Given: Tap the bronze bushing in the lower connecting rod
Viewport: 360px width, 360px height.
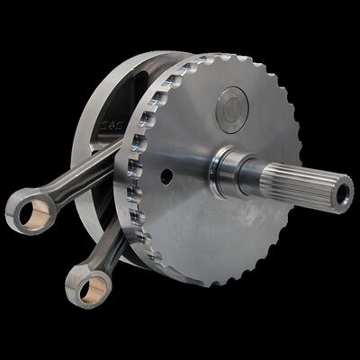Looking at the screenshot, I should (93, 289).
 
